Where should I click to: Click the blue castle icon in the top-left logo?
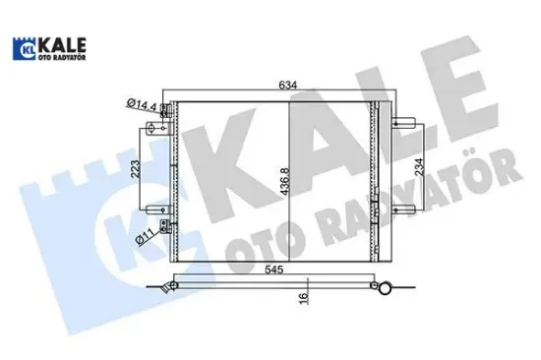tap(24, 49)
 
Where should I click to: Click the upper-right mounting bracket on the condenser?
tap(400, 123)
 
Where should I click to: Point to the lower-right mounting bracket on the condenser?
tap(400, 222)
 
